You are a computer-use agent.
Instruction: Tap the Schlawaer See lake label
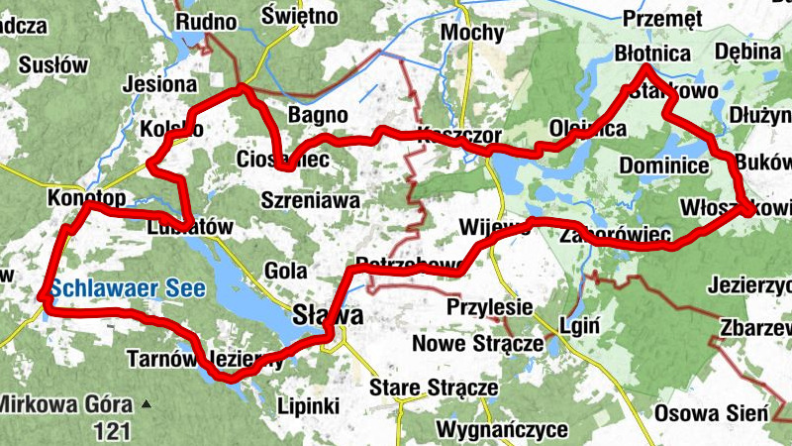point(129,289)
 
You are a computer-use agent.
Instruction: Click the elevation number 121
point(111,430)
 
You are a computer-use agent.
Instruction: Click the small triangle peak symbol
point(148,403)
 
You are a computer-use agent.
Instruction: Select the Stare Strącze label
point(432,388)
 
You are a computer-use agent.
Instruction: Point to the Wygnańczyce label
point(502,429)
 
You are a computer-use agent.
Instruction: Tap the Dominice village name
point(660,165)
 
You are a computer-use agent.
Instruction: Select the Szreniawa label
point(310,199)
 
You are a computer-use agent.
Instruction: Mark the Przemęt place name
point(662,18)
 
